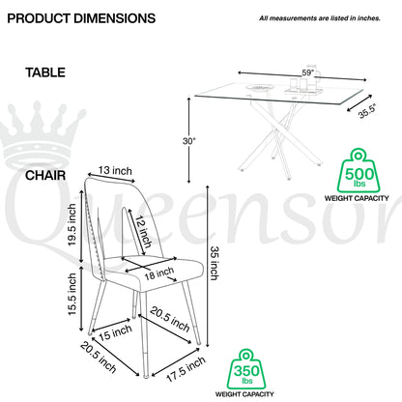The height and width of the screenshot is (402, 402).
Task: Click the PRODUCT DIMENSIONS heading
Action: pyautogui.click(x=81, y=18)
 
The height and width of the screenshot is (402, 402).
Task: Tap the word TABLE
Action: pyautogui.click(x=45, y=72)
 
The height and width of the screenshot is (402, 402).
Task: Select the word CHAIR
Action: pyautogui.click(x=45, y=176)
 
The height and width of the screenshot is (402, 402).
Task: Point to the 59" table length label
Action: pyautogui.click(x=308, y=72)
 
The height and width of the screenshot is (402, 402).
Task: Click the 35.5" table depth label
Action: pyautogui.click(x=366, y=111)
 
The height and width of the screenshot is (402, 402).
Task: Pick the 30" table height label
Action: pyautogui.click(x=189, y=141)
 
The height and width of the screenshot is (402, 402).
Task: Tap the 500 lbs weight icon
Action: pyautogui.click(x=359, y=170)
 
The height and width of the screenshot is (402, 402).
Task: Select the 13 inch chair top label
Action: pyautogui.click(x=115, y=170)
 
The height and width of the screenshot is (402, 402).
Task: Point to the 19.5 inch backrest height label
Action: pyautogui.click(x=72, y=225)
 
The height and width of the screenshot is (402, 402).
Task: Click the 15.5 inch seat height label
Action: pyautogui.click(x=72, y=294)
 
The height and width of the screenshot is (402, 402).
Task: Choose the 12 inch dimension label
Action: pyautogui.click(x=143, y=232)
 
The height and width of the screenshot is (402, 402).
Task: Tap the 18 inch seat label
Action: pyautogui.click(x=159, y=273)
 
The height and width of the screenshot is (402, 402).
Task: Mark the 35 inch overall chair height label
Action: pyautogui.click(x=215, y=263)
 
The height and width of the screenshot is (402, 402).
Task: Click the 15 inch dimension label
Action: pyautogui.click(x=115, y=332)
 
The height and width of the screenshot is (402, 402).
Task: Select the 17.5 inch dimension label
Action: pyautogui.click(x=187, y=369)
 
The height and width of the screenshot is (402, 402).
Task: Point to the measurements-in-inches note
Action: pyautogui.click(x=320, y=18)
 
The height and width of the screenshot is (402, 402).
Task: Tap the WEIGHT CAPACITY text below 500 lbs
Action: pyautogui.click(x=357, y=198)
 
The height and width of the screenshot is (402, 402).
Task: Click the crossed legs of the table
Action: pyautogui.click(x=279, y=135)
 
